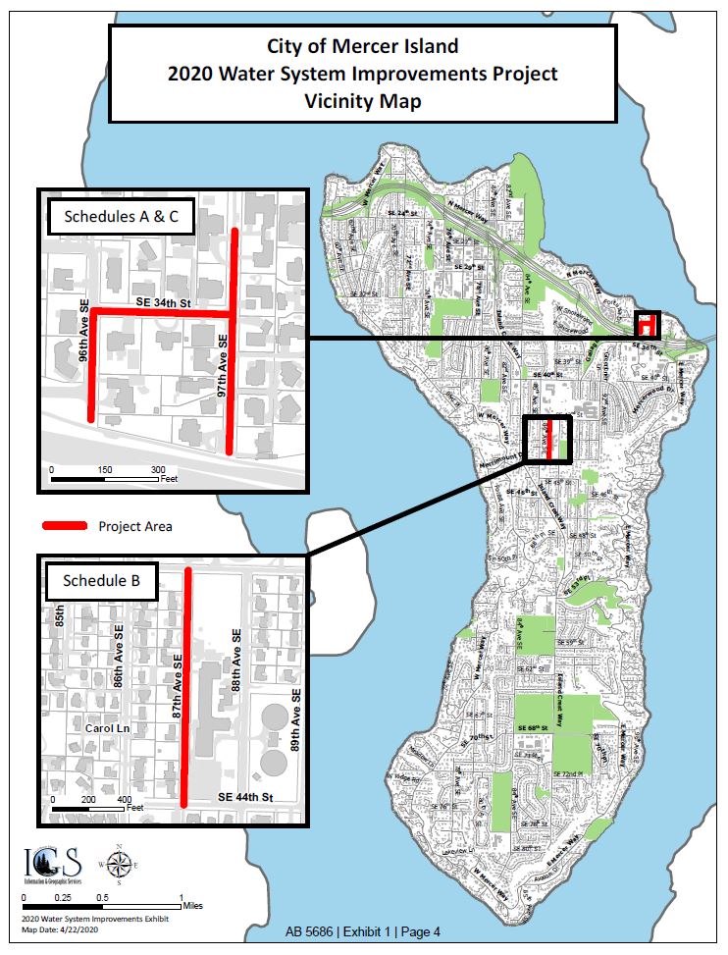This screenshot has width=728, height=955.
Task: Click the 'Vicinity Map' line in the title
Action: tap(362, 100)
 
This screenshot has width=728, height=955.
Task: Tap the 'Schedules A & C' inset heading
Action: tap(121, 217)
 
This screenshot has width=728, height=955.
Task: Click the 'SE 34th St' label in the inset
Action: tap(161, 303)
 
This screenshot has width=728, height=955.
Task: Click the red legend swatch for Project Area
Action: tap(65, 526)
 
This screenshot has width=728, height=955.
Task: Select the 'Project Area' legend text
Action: tap(135, 526)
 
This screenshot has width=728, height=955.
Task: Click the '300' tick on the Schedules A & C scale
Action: tap(158, 470)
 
